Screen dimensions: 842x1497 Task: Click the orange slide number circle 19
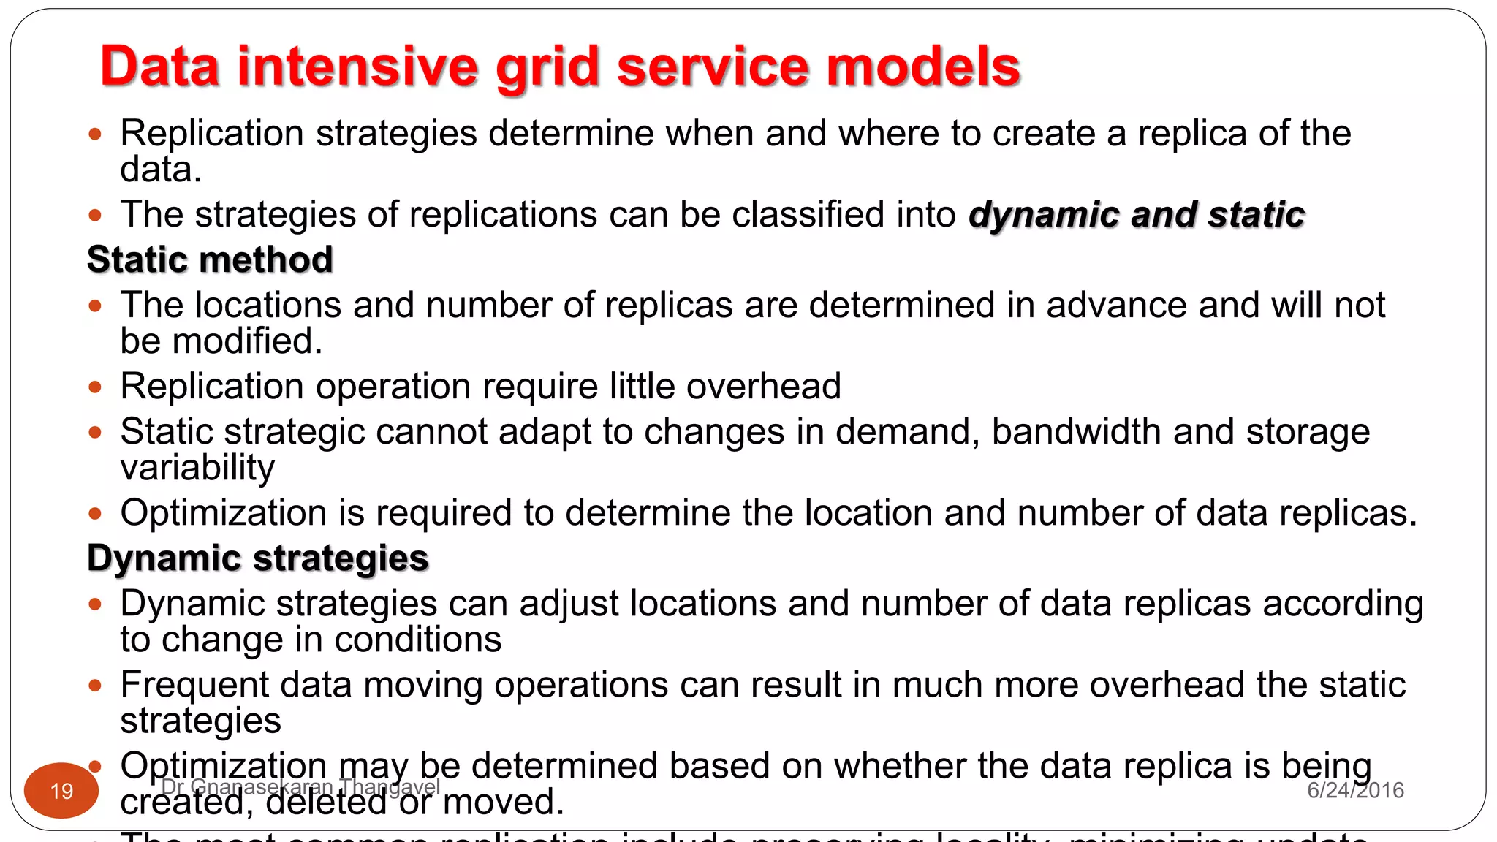click(61, 790)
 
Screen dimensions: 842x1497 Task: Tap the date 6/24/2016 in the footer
click(1355, 790)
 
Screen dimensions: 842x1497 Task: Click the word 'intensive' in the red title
click(357, 67)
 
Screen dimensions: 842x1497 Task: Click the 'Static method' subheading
click(210, 259)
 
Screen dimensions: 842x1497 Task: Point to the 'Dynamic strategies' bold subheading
click(257, 558)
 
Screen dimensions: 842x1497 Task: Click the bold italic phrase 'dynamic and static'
click(1137, 215)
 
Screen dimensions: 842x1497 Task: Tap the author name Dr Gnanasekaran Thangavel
click(300, 787)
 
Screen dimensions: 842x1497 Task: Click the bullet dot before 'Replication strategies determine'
click(94, 134)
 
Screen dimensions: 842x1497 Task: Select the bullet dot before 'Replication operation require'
click(94, 387)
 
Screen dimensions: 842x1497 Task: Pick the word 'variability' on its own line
click(197, 468)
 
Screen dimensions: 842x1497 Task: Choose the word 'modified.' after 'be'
click(247, 341)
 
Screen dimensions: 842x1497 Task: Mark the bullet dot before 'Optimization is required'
click(94, 513)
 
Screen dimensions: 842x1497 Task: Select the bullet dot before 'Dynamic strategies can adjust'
click(94, 604)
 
